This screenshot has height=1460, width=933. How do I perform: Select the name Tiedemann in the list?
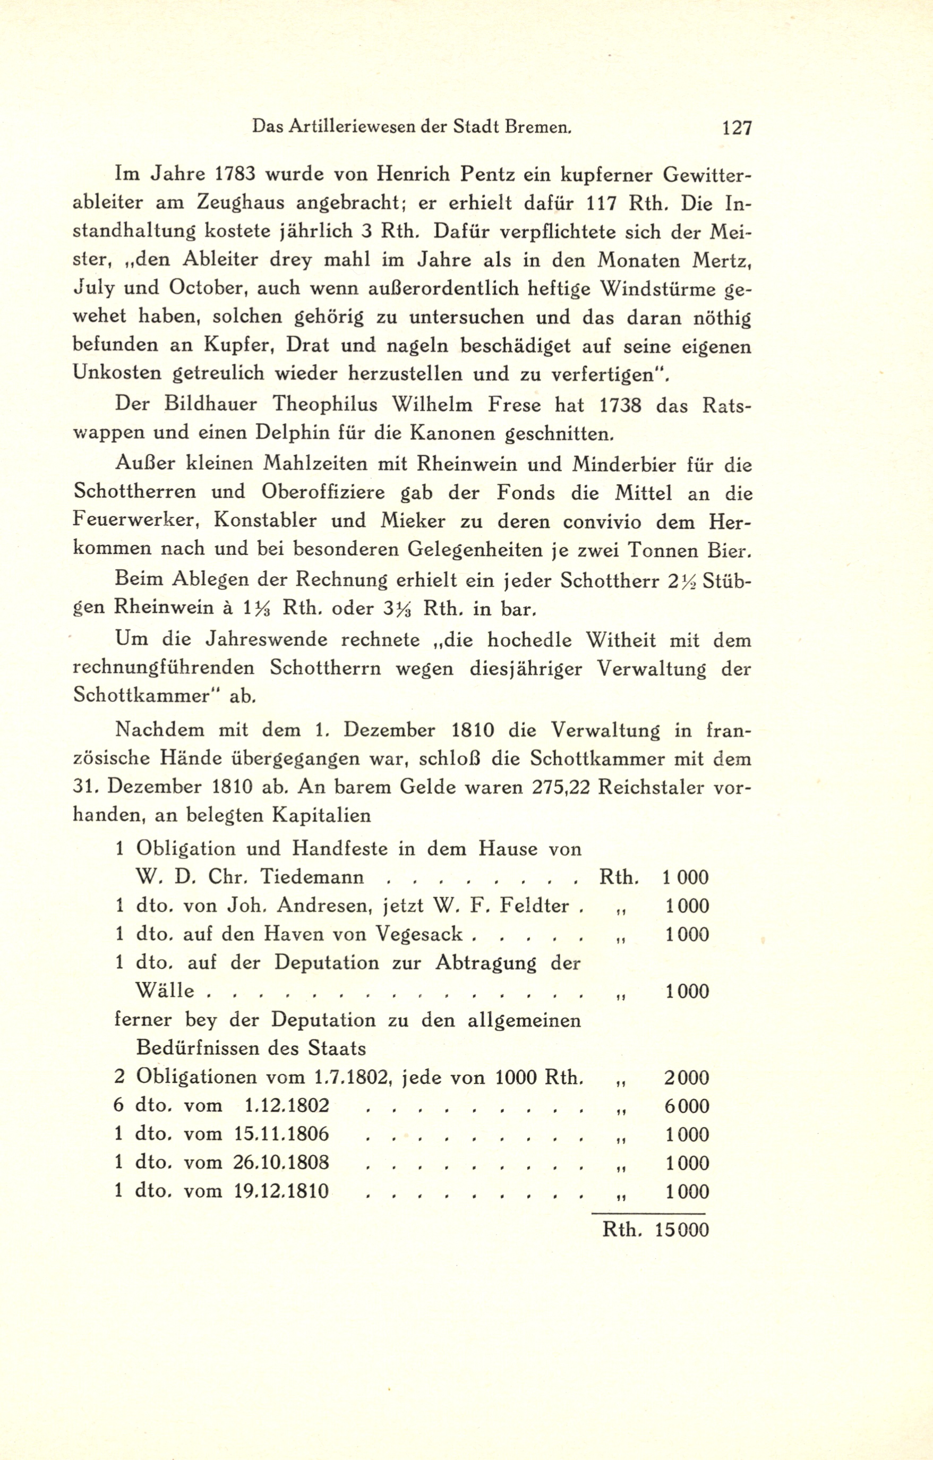click(312, 877)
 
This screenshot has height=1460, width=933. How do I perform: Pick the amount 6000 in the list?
click(686, 1106)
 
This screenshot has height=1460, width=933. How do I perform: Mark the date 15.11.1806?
click(281, 1134)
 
